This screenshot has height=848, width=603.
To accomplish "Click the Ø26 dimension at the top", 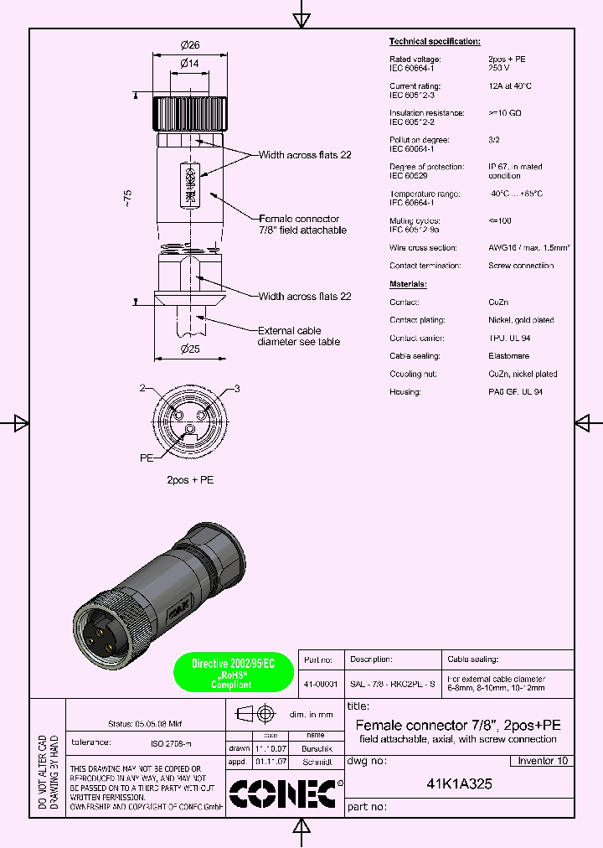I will [x=188, y=45].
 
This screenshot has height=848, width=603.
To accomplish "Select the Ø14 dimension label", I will [x=188, y=64].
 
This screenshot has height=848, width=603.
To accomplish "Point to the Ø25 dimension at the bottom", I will [x=188, y=349].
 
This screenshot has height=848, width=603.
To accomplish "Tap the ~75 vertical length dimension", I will [x=127, y=199].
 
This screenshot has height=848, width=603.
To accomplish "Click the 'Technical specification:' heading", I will [x=435, y=41].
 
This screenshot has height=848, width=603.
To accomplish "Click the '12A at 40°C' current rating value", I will [x=510, y=86].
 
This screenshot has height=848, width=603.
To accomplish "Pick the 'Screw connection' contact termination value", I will [x=520, y=266].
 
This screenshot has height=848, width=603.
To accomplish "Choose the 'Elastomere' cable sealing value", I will [x=508, y=356].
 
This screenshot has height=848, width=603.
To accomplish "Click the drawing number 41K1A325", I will [x=459, y=785].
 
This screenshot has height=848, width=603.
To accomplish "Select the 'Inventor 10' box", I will [x=542, y=761].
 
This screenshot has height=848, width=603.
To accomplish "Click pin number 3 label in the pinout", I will [x=237, y=389].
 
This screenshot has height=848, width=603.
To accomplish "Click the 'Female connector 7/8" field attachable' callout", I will [x=302, y=223].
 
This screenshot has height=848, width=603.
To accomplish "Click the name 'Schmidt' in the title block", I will [x=316, y=763].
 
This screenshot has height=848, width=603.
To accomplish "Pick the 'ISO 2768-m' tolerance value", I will [x=171, y=742].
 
